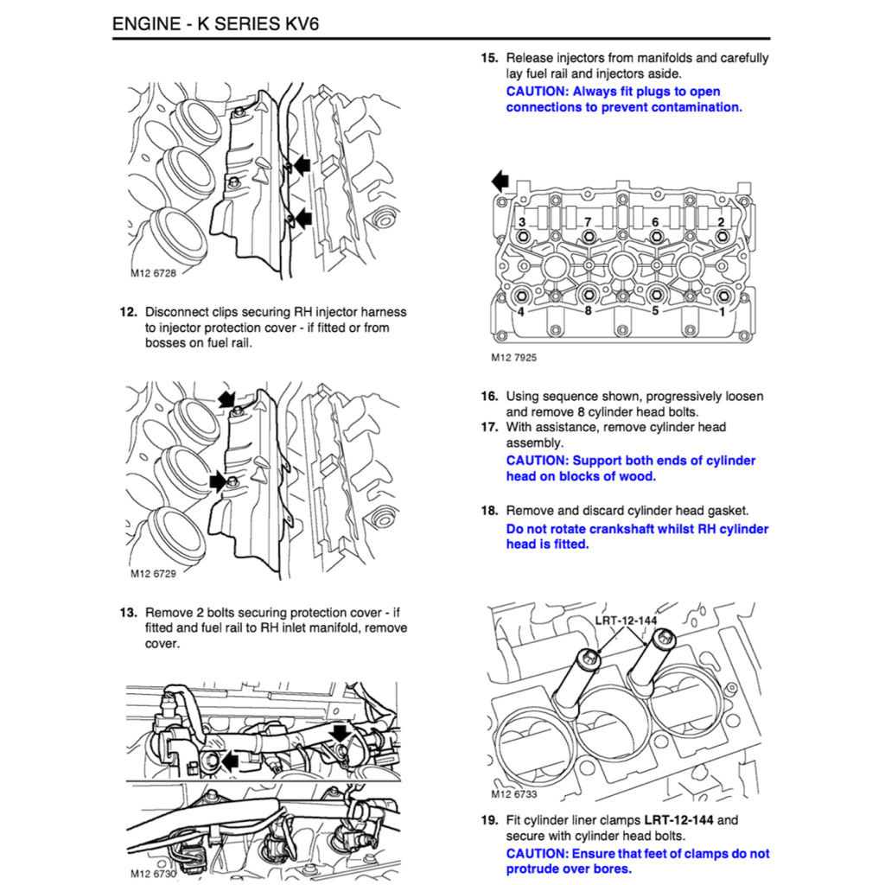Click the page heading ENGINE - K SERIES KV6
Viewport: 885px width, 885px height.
click(x=215, y=22)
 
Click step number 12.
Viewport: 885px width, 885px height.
click(x=128, y=312)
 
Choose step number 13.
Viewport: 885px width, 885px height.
click(x=128, y=613)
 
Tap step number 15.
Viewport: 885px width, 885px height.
click(x=489, y=59)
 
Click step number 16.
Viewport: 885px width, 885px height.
click(x=489, y=397)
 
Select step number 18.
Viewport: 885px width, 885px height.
click(x=489, y=511)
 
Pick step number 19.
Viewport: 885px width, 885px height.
click(x=489, y=820)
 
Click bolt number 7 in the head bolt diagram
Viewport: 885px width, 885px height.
click(x=587, y=223)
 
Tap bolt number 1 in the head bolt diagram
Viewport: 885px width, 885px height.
click(x=722, y=311)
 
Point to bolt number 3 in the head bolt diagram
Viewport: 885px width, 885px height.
click(x=521, y=223)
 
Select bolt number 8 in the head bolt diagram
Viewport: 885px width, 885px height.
click(x=588, y=311)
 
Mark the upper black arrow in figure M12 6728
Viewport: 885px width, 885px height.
click(x=299, y=164)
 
